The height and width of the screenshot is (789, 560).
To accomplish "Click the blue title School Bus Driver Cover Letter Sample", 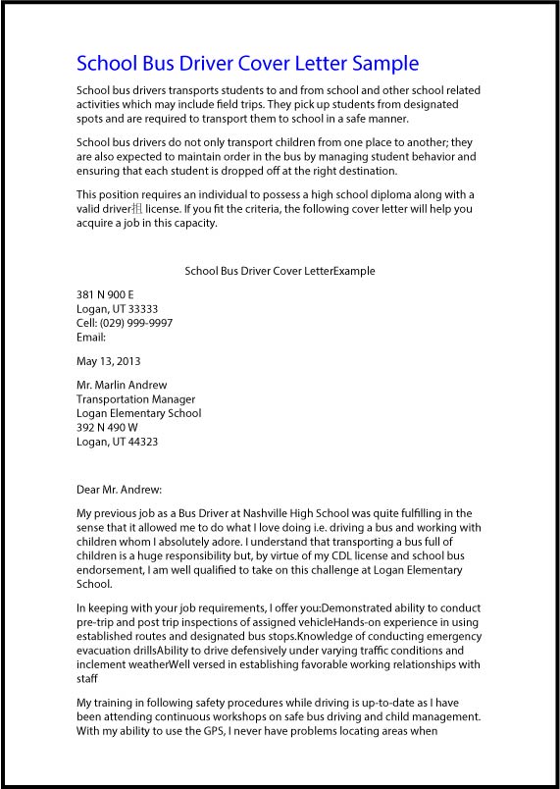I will click(x=247, y=64).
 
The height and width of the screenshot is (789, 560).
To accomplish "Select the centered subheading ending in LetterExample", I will click(x=280, y=271).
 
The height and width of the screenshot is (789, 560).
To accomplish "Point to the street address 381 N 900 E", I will click(x=105, y=294).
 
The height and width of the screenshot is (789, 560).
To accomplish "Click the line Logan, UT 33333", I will click(x=117, y=309).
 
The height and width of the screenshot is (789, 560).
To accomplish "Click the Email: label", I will click(x=91, y=338).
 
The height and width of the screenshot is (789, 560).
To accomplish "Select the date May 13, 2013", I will click(x=108, y=361).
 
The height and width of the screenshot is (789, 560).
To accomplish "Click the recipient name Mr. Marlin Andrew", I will click(x=122, y=385).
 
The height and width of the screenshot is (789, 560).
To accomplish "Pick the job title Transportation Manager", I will click(x=135, y=399).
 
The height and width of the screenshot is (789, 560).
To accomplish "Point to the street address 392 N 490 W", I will click(x=107, y=428).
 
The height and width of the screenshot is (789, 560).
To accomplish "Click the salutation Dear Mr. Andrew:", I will click(x=119, y=489).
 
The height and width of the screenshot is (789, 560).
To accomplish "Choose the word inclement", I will click(x=102, y=664).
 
